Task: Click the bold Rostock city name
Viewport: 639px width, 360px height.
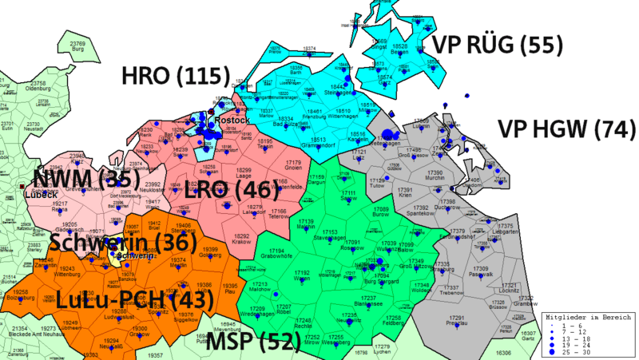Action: pos(232,120)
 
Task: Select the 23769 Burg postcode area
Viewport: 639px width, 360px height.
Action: pos(77,45)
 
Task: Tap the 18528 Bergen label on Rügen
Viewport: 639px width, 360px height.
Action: pos(401,49)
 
